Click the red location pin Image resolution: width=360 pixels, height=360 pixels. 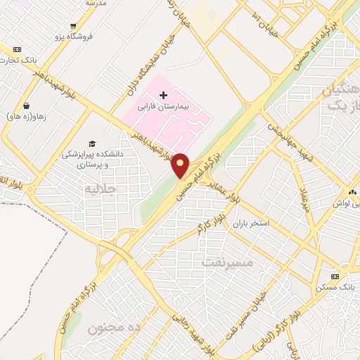point(181,166)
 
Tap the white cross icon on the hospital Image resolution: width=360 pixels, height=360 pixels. point(164,94)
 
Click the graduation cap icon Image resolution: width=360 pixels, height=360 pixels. point(92,143)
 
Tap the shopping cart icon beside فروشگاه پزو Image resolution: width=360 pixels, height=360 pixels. point(73,26)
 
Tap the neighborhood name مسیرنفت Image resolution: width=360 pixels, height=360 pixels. point(226,262)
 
